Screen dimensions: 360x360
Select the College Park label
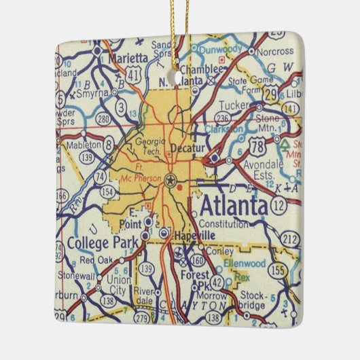tap(102, 242)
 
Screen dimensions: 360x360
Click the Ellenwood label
tap(253, 262)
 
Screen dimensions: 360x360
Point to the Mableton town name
tap(84, 144)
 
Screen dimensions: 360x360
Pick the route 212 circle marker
tap(291, 238)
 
